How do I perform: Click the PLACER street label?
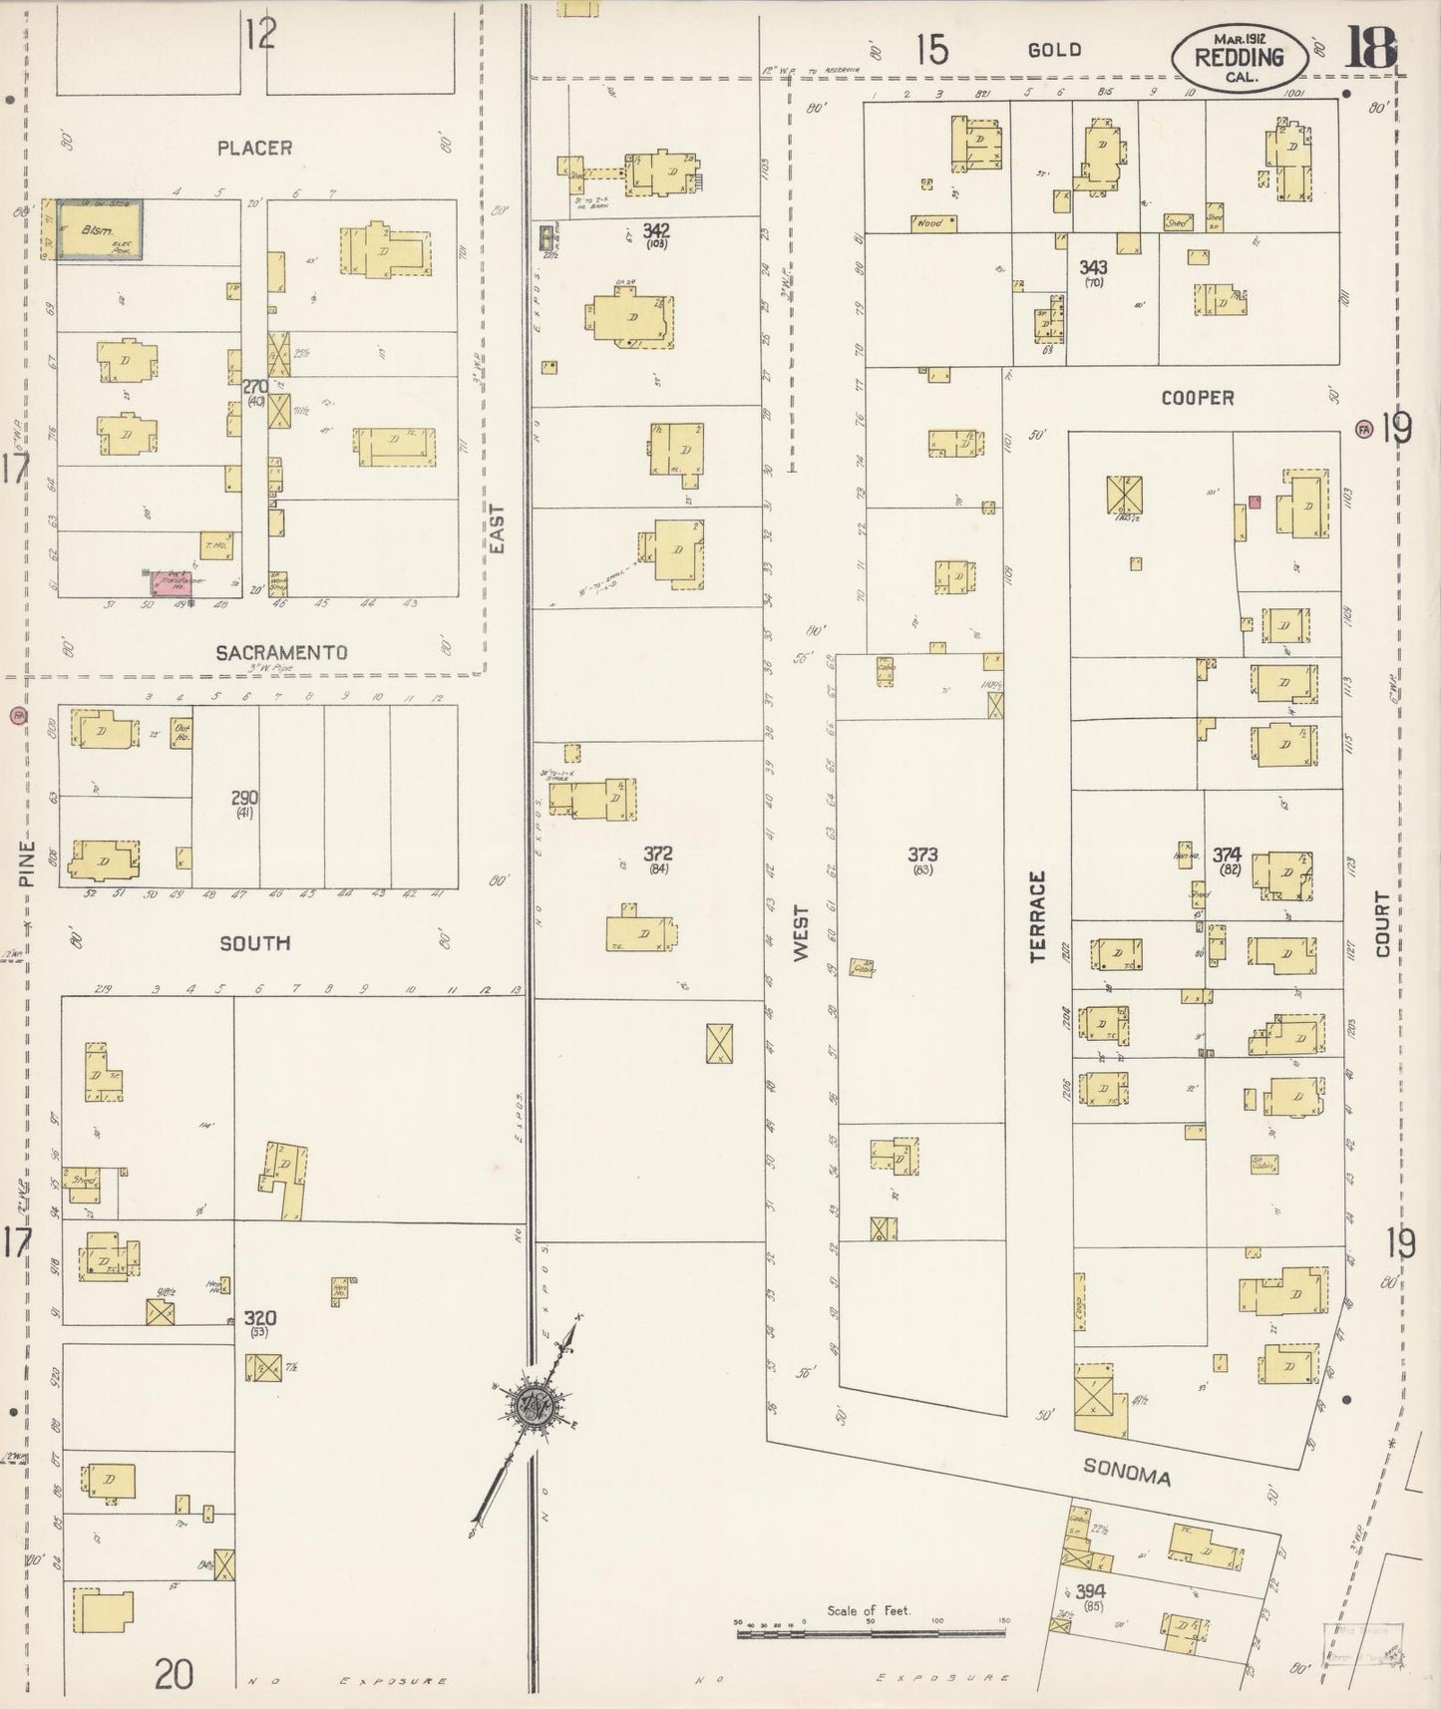pos(255,148)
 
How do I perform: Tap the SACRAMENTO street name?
pos(282,652)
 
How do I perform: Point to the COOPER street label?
pos(1197,398)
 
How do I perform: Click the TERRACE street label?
pos(1037,916)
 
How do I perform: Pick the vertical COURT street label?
pos(1381,924)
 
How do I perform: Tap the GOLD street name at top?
pos(1054,50)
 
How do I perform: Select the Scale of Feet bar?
pos(870,1634)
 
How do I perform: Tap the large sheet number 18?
pos(1370,47)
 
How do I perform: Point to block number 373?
pos(922,854)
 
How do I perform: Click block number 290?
pos(244,798)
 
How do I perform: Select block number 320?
pos(259,1318)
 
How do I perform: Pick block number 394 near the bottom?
pos(1091,1591)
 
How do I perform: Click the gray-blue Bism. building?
pos(98,229)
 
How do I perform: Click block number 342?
pos(655,230)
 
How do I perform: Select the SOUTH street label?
pos(255,942)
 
